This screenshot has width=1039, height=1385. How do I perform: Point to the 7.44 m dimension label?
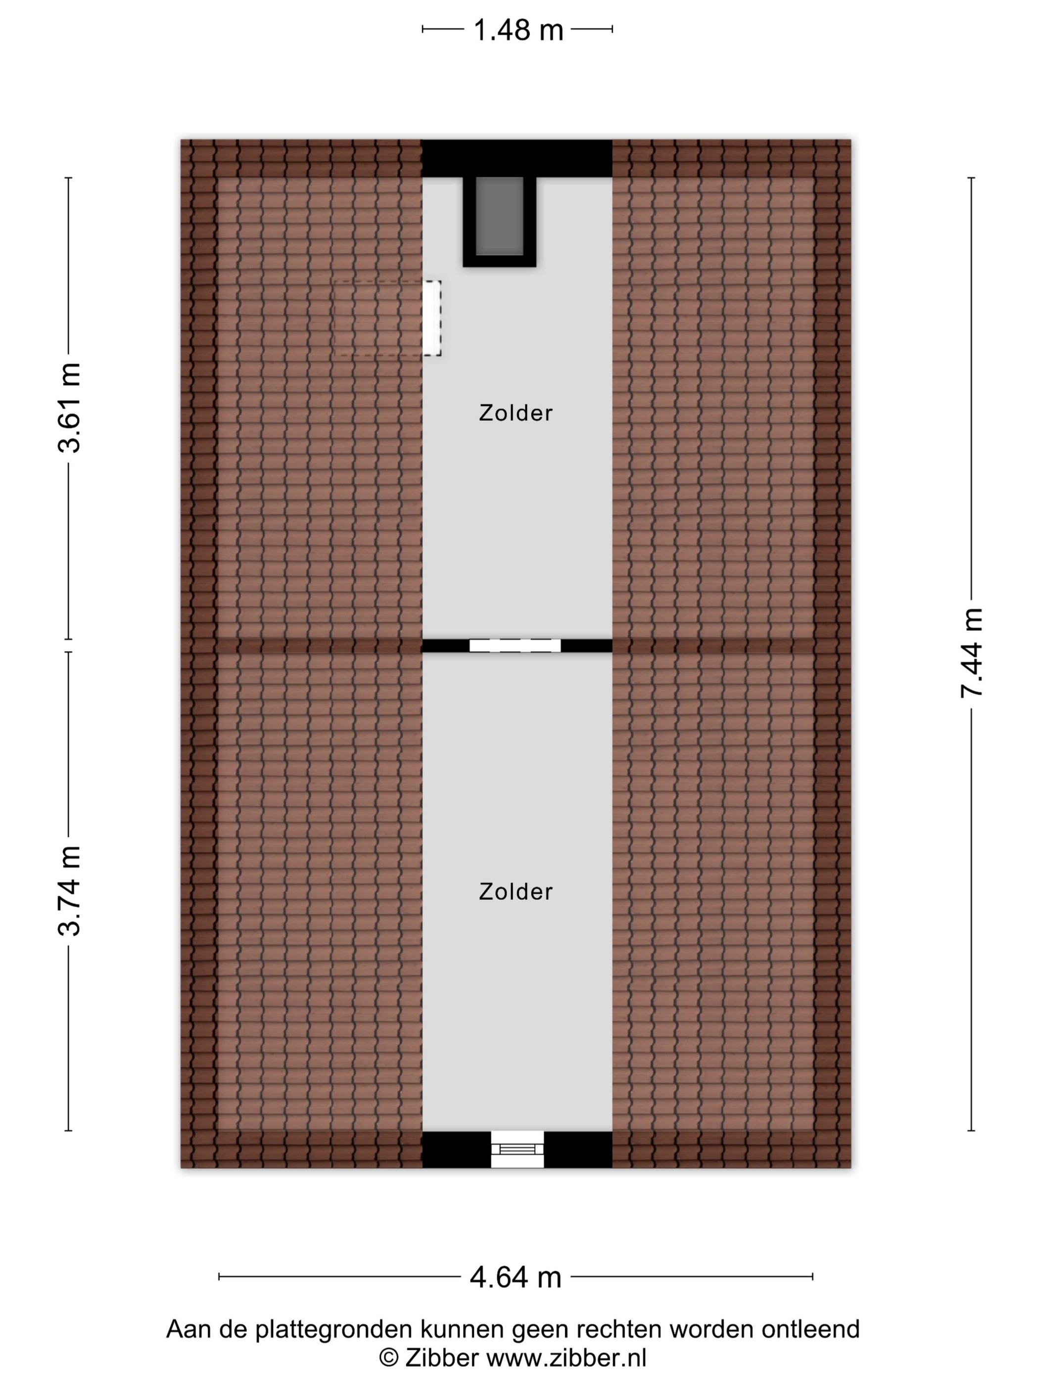click(972, 652)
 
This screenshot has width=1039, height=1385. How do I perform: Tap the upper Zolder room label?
click(516, 413)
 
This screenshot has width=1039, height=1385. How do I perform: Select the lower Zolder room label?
click(516, 892)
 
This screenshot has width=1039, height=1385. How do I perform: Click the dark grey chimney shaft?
click(499, 216)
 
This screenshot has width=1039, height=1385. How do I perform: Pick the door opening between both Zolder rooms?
click(515, 646)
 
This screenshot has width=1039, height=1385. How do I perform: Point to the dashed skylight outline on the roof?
click(387, 318)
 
